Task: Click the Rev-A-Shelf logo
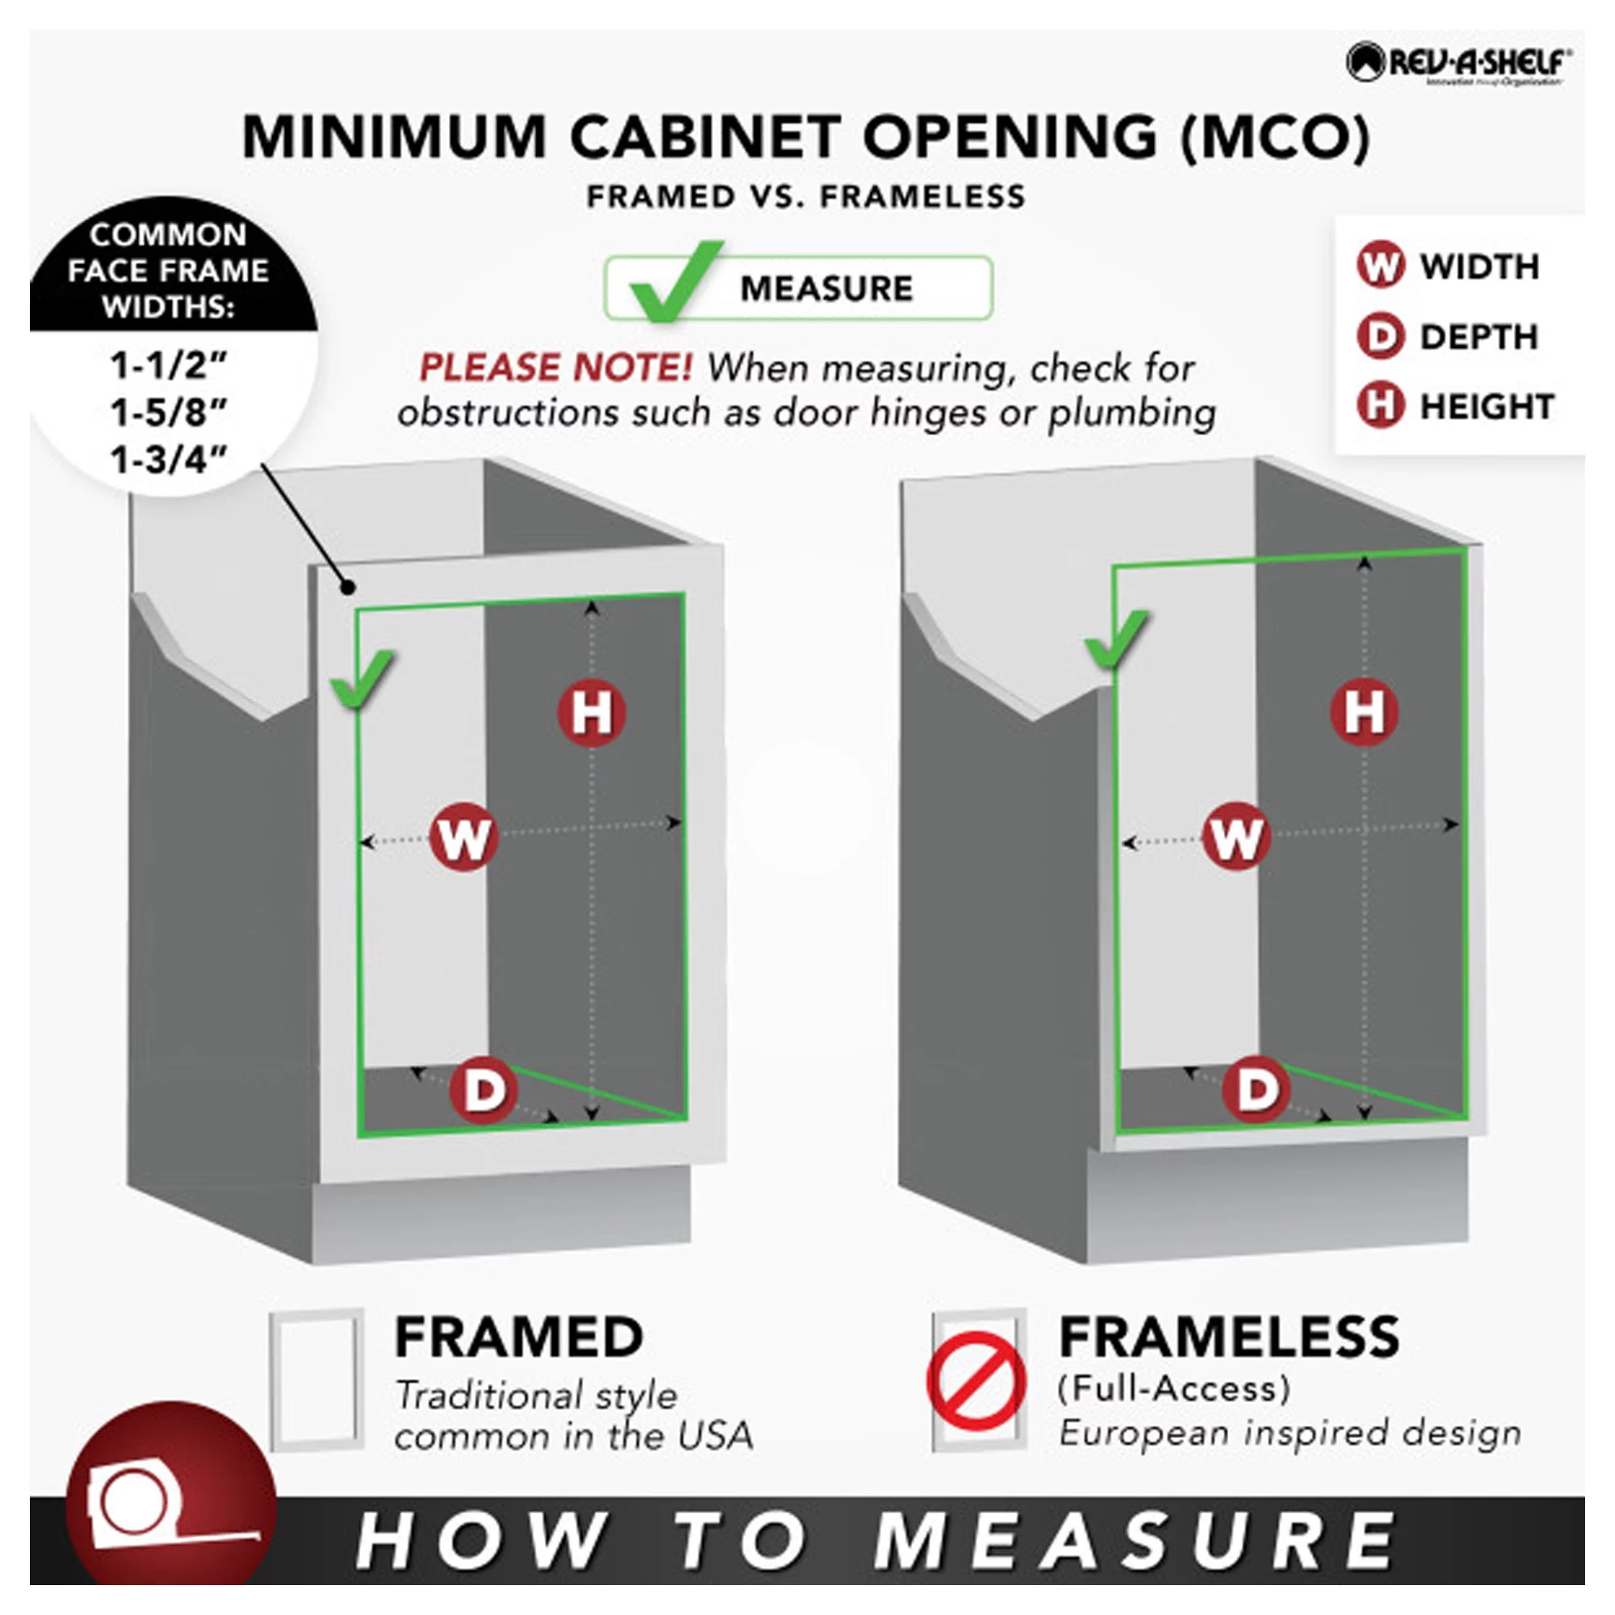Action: coord(1458,65)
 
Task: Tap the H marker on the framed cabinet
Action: coord(592,712)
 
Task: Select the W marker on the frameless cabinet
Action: coord(1235,836)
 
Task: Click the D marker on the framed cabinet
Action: coord(483,1089)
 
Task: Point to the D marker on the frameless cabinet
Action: coord(1256,1089)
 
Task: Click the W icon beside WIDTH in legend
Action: coord(1379,266)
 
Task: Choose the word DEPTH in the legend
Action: coord(1479,337)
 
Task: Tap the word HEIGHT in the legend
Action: coord(1487,407)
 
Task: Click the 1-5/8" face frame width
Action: coord(169,412)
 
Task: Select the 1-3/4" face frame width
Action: coord(169,459)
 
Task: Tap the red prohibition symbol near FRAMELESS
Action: coord(975,1382)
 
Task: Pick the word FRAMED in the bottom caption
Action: coord(518,1337)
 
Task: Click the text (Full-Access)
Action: coord(1173,1388)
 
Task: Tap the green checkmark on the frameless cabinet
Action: coord(1117,639)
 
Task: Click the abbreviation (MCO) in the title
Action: coord(1275,136)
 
